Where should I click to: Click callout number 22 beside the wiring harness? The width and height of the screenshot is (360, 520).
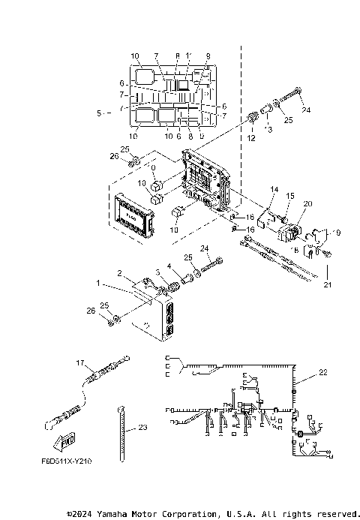tap(323, 372)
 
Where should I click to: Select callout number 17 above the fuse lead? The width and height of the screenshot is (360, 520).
tap(81, 362)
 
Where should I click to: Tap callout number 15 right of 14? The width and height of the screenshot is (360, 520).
tap(289, 196)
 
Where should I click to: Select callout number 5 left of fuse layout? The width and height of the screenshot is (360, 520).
tap(99, 113)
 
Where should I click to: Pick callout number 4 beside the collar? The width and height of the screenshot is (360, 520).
tap(169, 266)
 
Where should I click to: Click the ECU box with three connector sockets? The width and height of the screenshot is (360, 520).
tap(154, 319)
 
